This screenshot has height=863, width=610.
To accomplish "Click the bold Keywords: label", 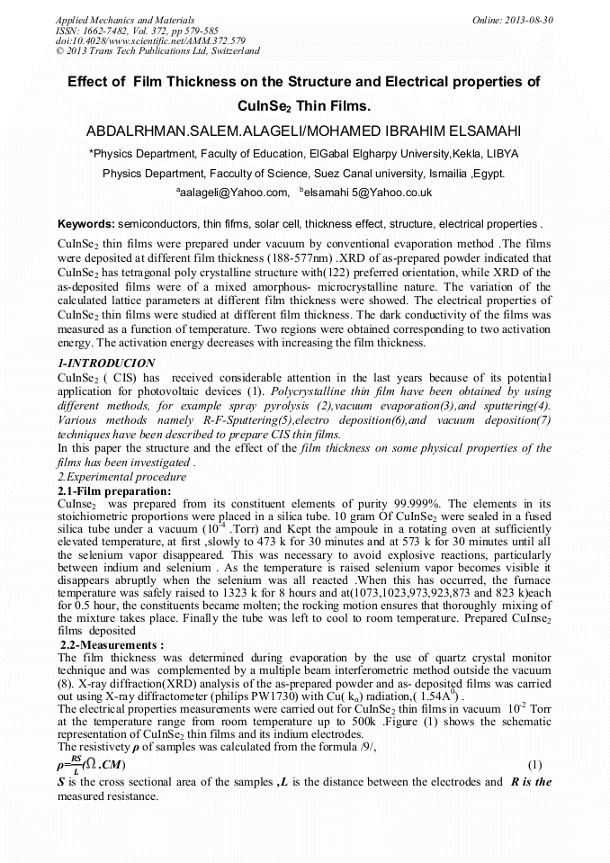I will pos(86,223).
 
